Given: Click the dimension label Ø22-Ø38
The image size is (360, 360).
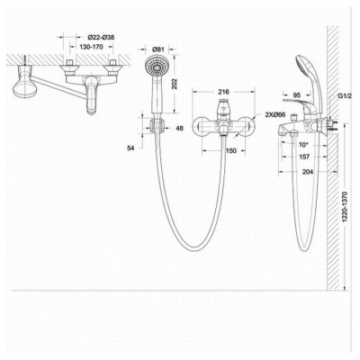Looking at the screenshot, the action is pyautogui.click(x=101, y=38).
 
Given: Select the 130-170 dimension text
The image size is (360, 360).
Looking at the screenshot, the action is pyautogui.click(x=92, y=47).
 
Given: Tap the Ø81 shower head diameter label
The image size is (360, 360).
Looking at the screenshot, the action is pyautogui.click(x=158, y=49).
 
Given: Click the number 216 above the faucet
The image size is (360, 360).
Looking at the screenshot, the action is pyautogui.click(x=224, y=92).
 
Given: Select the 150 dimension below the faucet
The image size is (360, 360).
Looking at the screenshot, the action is pyautogui.click(x=230, y=150).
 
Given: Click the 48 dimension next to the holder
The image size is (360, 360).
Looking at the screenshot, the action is pyautogui.click(x=179, y=129).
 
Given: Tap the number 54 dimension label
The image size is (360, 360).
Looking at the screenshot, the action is pyautogui.click(x=130, y=148).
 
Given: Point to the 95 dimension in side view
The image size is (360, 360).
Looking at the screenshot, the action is pyautogui.click(x=296, y=95).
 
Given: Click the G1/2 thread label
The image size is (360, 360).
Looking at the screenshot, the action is pyautogui.click(x=345, y=96).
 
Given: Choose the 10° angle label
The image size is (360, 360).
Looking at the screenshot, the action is pyautogui.click(x=303, y=145).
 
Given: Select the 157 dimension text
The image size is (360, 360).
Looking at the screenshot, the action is pyautogui.click(x=304, y=157).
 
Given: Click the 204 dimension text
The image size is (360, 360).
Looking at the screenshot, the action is pyautogui.click(x=308, y=172).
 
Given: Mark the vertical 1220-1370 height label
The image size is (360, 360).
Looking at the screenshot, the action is pyautogui.click(x=345, y=207).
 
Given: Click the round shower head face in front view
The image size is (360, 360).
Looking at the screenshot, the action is pyautogui.click(x=157, y=67).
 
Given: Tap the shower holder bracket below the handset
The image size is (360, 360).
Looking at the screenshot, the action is pyautogui.click(x=157, y=125).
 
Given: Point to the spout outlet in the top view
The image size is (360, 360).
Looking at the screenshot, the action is pyautogui.click(x=91, y=111).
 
